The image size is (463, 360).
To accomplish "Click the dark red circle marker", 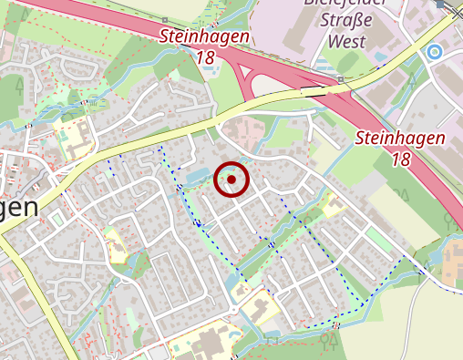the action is [x=231, y=180].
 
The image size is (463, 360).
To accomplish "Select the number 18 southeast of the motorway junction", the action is [x=400, y=159].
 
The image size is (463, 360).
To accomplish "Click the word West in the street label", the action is [x=345, y=41].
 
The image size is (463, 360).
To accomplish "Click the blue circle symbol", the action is [x=435, y=52].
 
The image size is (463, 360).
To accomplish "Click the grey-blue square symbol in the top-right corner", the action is [x=440, y=5].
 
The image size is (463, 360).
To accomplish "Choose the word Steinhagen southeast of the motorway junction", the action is [x=399, y=139].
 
